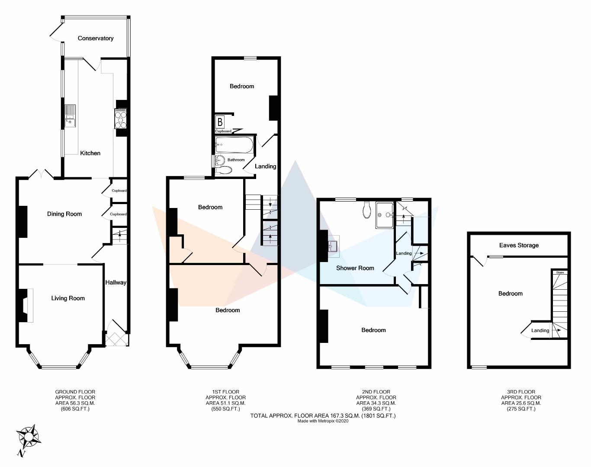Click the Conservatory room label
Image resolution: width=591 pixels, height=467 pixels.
[96, 38]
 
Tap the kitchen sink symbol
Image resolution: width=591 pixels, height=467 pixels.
[70, 116]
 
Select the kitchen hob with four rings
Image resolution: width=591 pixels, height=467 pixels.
[121, 118]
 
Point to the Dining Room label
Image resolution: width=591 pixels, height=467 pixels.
[64, 214]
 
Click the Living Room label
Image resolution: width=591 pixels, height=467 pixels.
[68, 298]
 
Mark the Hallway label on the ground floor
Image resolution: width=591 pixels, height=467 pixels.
[116, 282]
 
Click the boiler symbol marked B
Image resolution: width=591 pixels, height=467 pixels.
[220, 122]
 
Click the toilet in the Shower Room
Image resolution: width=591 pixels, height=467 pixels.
[366, 210]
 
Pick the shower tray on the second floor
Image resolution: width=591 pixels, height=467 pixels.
[385, 215]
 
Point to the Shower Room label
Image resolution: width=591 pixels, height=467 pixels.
[355, 268]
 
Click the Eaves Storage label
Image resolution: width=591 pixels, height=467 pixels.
[519, 246]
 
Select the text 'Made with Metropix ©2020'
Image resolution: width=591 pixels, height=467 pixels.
[323, 421]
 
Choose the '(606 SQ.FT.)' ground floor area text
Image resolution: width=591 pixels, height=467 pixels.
[75, 409]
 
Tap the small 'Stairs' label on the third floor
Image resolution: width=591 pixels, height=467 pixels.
[560, 272]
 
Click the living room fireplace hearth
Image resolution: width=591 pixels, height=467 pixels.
[30, 305]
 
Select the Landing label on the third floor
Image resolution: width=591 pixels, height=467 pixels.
[540, 330]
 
